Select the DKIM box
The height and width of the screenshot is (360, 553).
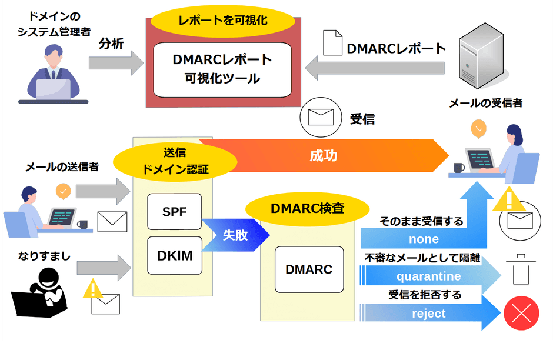[x=174, y=255]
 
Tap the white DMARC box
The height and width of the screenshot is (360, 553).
[x=309, y=269]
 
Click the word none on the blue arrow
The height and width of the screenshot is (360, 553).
[x=424, y=239]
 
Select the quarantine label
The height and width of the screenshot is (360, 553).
[x=428, y=276]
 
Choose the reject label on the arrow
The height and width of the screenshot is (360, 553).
[x=428, y=313]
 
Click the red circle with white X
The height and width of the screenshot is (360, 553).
[x=521, y=314]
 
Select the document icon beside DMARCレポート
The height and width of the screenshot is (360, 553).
[x=333, y=44]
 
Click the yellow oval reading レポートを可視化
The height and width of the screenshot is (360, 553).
[x=222, y=21]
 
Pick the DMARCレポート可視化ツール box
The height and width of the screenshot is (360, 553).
[x=222, y=69]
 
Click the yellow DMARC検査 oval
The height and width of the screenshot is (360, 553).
[x=307, y=208]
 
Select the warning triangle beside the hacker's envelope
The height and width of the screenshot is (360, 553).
[x=92, y=289]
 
